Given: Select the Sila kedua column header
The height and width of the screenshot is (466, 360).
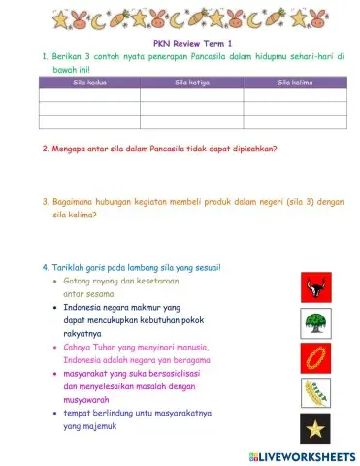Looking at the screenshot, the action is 89,83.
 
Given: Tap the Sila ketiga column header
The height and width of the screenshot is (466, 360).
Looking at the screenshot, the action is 191,83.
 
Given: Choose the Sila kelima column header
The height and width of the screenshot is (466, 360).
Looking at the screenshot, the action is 294,83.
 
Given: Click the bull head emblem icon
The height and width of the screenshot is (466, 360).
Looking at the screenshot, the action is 314,287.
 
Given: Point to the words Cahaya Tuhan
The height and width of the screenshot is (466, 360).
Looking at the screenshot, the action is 92,346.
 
